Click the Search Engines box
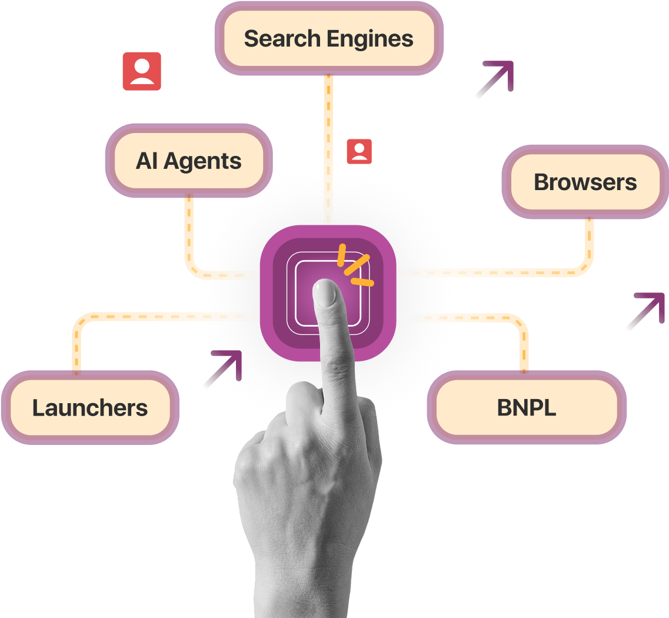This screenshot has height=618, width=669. (x=328, y=39)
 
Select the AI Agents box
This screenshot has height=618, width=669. (x=188, y=161)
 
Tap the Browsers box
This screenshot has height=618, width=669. (x=585, y=182)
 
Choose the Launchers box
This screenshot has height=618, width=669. (x=89, y=407)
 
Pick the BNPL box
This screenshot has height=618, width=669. (x=526, y=407)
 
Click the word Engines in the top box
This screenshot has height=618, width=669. (x=370, y=39)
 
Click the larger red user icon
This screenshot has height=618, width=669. (x=142, y=71)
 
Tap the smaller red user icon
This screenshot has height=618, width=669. (x=359, y=151)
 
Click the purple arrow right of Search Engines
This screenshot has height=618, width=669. (x=495, y=79)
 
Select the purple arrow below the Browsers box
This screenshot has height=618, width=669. (x=645, y=311)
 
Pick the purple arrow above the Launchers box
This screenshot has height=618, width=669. (x=223, y=369)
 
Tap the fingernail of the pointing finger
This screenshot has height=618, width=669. (x=324, y=293)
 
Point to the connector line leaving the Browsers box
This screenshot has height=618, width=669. (x=588, y=247)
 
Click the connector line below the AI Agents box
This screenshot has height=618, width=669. (x=189, y=235)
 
